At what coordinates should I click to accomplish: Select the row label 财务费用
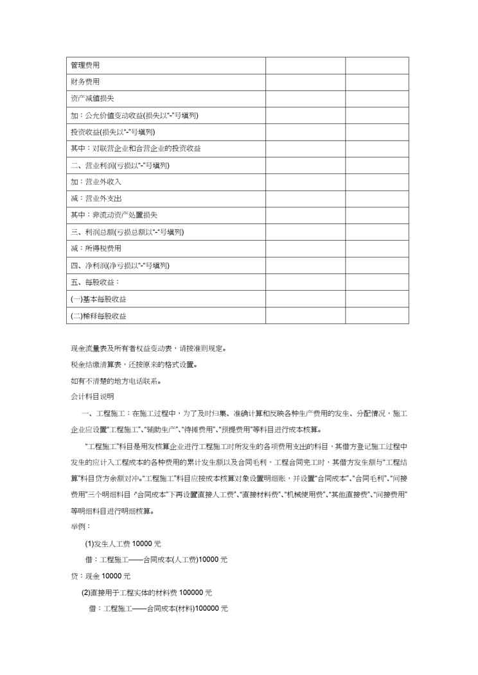85,82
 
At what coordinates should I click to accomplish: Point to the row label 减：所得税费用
96,248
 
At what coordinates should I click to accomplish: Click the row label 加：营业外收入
96,182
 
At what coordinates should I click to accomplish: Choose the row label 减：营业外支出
96,198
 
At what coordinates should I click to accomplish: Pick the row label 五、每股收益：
94,282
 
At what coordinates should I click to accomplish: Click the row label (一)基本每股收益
98,299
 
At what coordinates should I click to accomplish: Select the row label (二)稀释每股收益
98,316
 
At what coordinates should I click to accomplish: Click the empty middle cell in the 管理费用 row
306,65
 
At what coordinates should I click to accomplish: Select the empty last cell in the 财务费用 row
377,82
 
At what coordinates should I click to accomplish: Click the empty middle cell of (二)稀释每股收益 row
306,316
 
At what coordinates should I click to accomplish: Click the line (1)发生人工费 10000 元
123,543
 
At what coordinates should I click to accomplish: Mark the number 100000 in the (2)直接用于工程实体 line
191,592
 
